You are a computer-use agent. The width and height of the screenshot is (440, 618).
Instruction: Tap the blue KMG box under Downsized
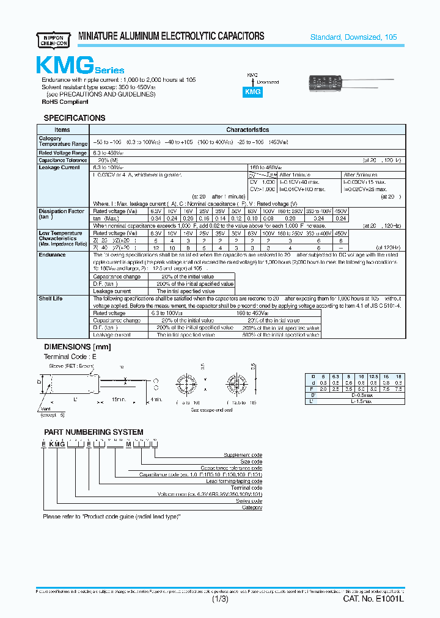pyautogui.click(x=253, y=91)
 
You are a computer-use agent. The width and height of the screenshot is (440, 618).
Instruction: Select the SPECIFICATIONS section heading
pyautogui.click(x=75, y=118)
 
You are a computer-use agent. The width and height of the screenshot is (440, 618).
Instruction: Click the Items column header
pyautogui.click(x=62, y=130)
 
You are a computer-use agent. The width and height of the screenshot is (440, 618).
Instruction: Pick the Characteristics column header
pyautogui.click(x=248, y=130)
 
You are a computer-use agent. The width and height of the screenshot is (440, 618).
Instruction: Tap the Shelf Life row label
pyautogui.click(x=51, y=299)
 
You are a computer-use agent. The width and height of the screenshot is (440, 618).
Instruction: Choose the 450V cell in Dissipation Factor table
pyautogui.click(x=341, y=211)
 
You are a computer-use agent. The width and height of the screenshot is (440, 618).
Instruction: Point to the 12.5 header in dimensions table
pyautogui.click(x=373, y=376)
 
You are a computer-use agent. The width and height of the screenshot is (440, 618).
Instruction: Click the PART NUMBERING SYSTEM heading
pyautogui.click(x=93, y=432)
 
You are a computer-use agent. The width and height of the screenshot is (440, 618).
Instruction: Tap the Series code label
pyautogui.click(x=249, y=501)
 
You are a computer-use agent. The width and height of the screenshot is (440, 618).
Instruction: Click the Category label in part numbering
pyautogui.click(x=252, y=507)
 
